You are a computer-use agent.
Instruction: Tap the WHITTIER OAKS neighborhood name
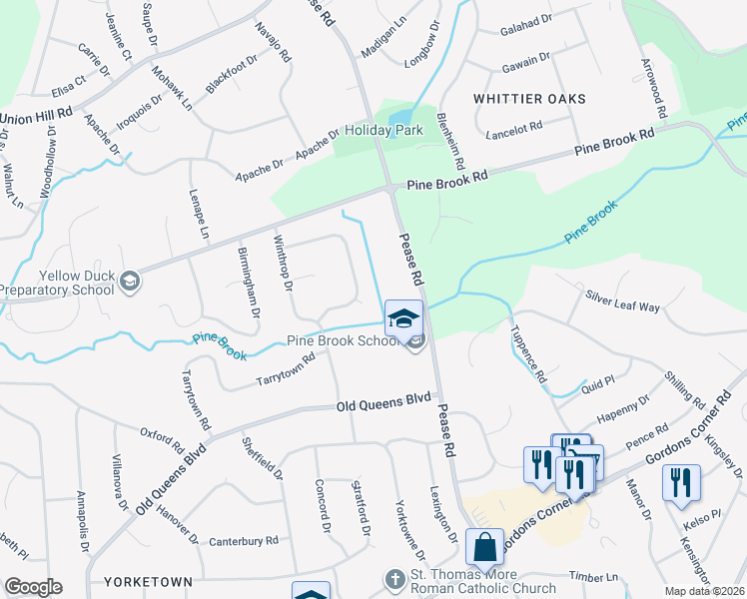point(529,99)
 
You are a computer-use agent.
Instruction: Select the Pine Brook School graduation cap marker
point(403,318)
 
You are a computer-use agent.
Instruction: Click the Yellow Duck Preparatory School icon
point(129,283)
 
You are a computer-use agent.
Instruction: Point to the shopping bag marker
point(485,548)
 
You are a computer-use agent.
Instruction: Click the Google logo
point(32,587)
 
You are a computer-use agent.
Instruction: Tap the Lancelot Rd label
point(512,128)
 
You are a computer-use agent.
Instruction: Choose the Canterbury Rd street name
point(244,541)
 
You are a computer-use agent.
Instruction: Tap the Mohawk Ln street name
point(171,82)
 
